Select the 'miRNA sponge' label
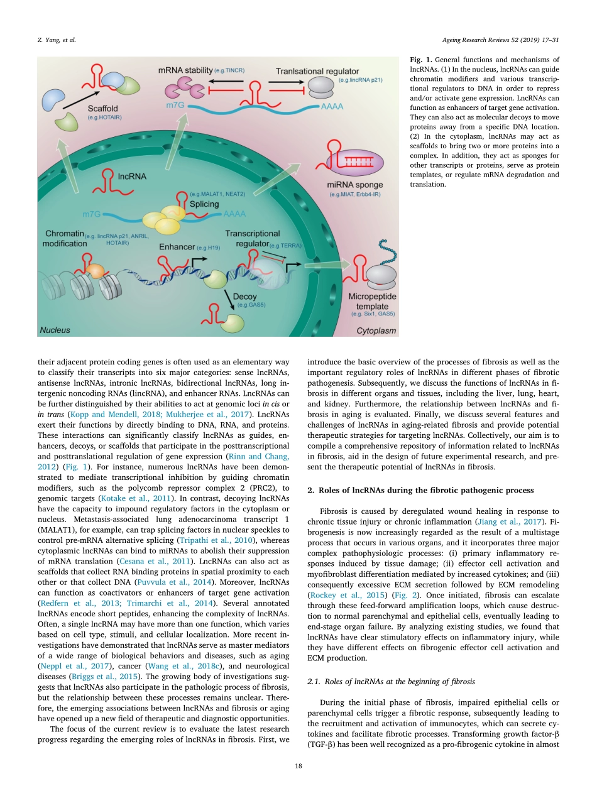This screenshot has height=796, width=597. point(351,185)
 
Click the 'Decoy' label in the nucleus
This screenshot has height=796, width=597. point(244,297)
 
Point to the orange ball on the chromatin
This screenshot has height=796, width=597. point(95,270)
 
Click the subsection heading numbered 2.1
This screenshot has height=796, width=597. point(370,681)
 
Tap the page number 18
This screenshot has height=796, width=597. point(298,766)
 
